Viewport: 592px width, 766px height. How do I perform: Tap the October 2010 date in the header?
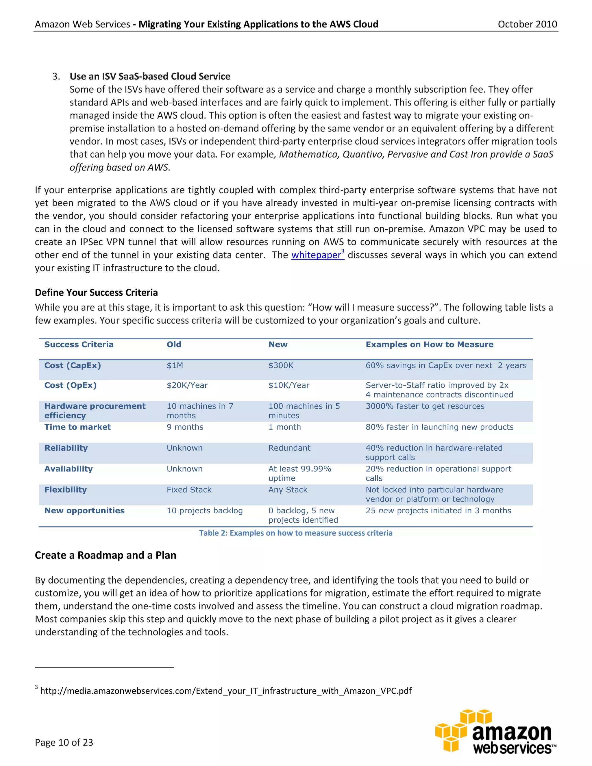point(527,24)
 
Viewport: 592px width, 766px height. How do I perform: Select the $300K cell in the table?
point(281,365)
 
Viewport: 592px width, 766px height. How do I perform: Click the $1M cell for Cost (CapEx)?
point(175,365)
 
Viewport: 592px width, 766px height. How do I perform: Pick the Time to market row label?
point(77,427)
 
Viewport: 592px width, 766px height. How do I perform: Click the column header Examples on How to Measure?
point(429,345)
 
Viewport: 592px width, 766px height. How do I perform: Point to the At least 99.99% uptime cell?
point(299,473)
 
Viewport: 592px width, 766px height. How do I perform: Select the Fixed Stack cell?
point(189,490)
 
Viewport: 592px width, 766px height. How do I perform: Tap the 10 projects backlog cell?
point(204,511)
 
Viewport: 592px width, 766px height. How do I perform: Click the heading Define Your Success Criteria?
point(96,293)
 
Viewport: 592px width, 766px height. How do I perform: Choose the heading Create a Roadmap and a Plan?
point(105,555)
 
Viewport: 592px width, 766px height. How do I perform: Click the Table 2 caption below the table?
point(296,533)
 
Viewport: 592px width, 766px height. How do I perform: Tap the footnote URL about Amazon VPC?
point(225,691)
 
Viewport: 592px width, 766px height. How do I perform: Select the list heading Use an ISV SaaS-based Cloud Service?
point(150,77)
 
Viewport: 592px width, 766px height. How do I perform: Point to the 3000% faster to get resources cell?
point(425,406)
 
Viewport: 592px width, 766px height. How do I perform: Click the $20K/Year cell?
point(187,385)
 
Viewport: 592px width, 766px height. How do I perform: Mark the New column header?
point(278,345)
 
